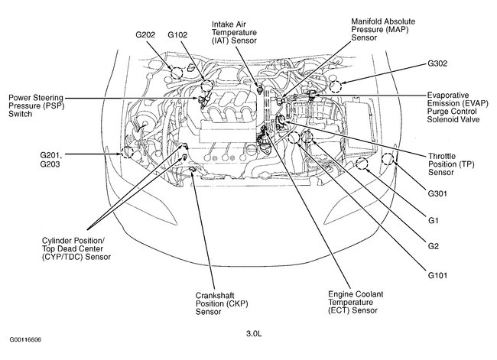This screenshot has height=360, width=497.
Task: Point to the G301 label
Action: [x=439, y=194]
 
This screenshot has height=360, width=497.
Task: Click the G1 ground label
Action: [x=433, y=221]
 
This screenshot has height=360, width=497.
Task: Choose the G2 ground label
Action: [x=433, y=245]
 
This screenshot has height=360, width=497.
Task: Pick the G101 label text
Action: [x=439, y=274]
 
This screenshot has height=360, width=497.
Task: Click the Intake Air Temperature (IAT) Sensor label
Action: [x=237, y=34]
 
